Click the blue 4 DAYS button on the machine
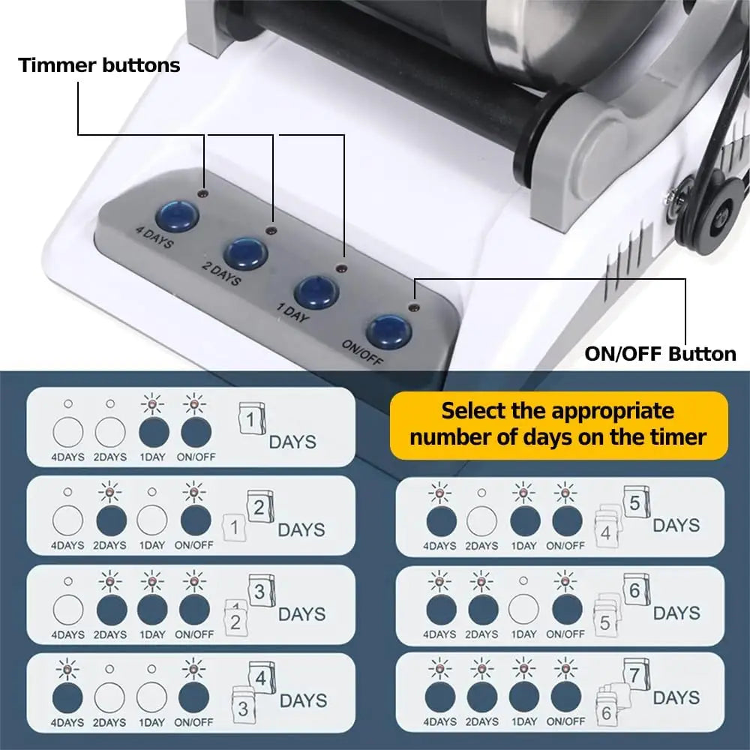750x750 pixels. pyautogui.click(x=178, y=216)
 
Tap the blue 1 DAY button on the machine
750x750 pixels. pyautogui.click(x=316, y=291)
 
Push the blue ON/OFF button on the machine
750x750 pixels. pyautogui.click(x=389, y=331)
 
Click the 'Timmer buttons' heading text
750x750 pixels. pyautogui.click(x=99, y=65)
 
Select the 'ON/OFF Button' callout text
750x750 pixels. pyautogui.click(x=660, y=354)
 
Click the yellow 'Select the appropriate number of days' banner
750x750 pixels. pyautogui.click(x=559, y=424)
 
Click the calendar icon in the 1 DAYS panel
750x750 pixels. pyautogui.click(x=251, y=418)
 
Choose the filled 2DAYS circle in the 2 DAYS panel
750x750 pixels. pyautogui.click(x=112, y=520)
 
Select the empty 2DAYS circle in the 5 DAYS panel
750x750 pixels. pyautogui.click(x=481, y=521)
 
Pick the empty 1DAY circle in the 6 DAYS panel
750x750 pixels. pyautogui.click(x=523, y=609)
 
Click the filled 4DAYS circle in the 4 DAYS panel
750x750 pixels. pyautogui.click(x=67, y=697)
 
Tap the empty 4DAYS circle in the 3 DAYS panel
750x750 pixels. pyautogui.click(x=68, y=610)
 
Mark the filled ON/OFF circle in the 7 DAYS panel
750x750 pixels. pyautogui.click(x=566, y=697)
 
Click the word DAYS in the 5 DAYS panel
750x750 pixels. pyautogui.click(x=676, y=525)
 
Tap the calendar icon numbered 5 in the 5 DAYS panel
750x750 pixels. pyautogui.click(x=636, y=502)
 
